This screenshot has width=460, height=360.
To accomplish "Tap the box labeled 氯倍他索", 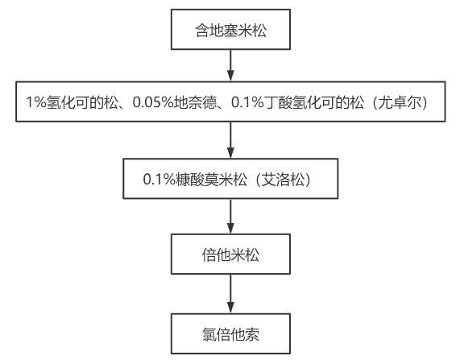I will [231, 333].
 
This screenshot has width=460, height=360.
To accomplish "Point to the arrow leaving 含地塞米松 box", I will [231, 64].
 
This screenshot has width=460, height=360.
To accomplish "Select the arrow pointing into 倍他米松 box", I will [231, 217].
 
